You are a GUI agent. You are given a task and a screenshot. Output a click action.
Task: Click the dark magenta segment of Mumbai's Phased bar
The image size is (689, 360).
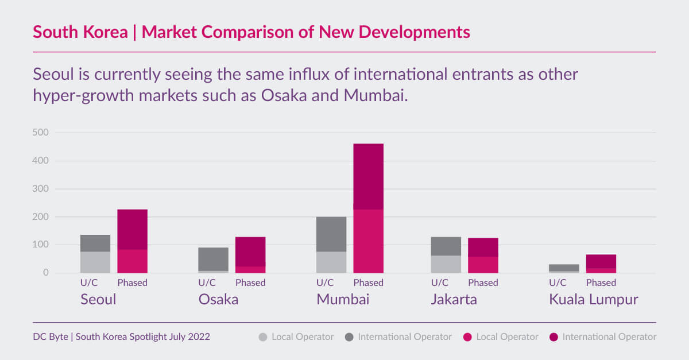368,176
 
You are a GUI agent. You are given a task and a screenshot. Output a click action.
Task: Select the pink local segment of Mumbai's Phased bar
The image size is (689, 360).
368,241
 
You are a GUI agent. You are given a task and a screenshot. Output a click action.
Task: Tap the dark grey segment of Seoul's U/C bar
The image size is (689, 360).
95,243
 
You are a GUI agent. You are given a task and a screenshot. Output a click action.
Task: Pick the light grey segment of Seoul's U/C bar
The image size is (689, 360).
95,262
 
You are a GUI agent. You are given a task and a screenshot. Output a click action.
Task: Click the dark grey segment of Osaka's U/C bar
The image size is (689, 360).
213,259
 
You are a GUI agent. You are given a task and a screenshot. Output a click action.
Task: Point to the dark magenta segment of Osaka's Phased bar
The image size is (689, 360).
250,251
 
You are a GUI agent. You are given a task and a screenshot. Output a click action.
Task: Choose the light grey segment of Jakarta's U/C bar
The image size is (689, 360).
446,264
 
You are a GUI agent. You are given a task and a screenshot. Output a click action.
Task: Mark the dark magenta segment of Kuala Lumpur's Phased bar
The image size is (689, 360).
601,261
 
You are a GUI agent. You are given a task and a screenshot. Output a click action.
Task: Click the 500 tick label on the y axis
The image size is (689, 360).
40,133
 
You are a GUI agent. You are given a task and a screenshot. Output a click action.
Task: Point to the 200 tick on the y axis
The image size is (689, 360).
40,217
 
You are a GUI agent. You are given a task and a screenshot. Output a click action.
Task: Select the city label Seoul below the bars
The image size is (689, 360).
98,299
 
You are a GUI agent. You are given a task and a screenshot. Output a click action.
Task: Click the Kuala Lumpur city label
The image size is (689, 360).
593,299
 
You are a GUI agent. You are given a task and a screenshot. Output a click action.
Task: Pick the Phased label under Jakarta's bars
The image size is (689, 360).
483,282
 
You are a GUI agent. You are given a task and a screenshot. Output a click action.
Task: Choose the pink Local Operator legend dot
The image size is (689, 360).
467,337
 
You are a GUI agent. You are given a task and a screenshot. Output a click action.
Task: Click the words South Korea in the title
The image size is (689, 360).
80,32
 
